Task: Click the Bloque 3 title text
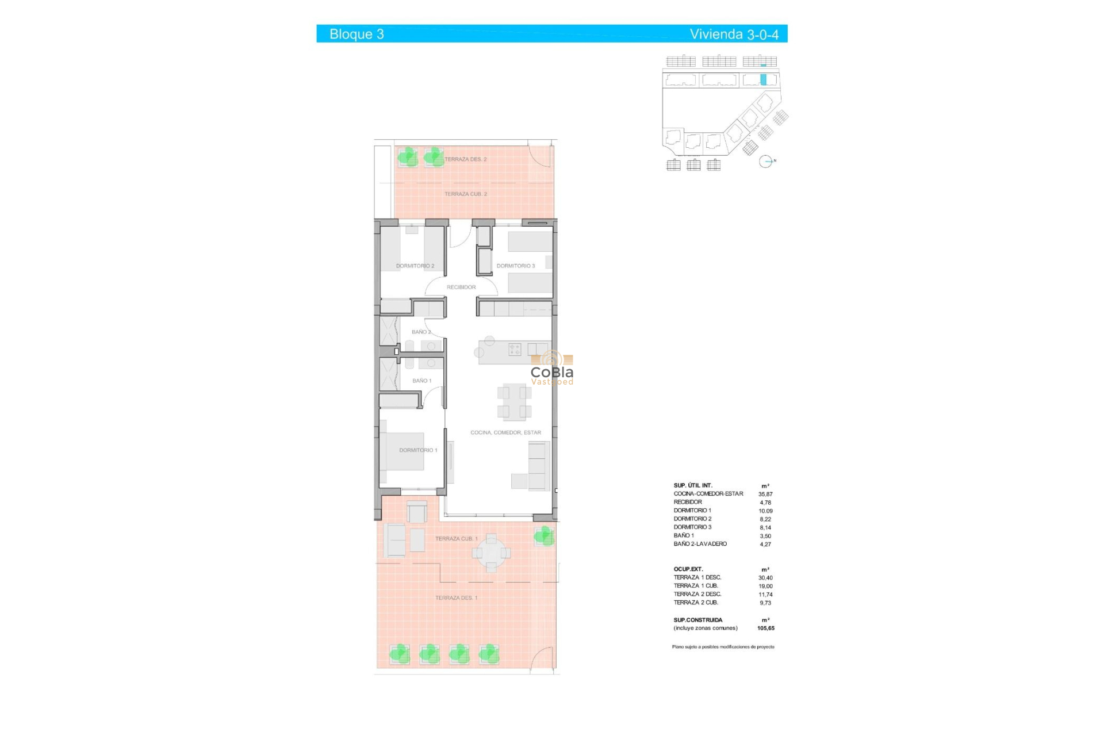356,34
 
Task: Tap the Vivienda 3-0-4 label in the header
734,34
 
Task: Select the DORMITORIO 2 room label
415,266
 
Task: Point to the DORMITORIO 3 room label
516,266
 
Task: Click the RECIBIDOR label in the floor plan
461,287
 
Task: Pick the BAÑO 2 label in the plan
421,332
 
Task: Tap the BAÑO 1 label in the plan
421,381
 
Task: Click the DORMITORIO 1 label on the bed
418,450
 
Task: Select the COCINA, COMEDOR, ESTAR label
505,432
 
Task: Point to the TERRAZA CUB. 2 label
465,194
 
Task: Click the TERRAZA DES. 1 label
456,598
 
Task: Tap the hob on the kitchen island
515,349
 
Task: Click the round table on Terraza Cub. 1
491,553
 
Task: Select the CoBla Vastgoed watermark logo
552,369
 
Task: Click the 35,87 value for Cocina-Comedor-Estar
765,494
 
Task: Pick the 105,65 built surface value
766,628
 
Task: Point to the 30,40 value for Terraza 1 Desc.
765,578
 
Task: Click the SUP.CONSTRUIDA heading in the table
698,620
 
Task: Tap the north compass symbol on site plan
766,162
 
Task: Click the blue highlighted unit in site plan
764,80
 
